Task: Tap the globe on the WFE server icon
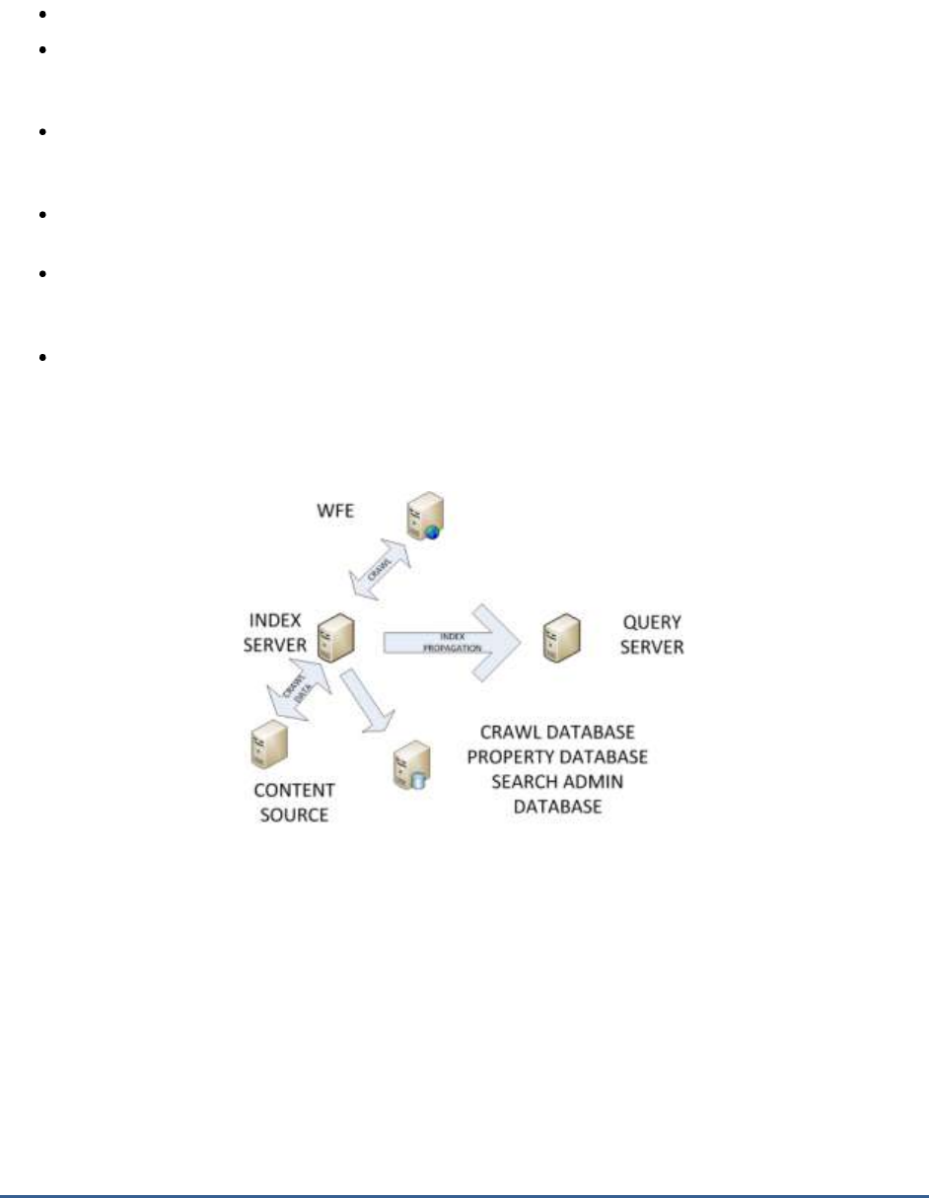(x=433, y=532)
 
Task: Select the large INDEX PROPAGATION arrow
(x=454, y=642)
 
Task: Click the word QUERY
(x=653, y=624)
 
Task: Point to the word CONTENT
(x=294, y=791)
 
